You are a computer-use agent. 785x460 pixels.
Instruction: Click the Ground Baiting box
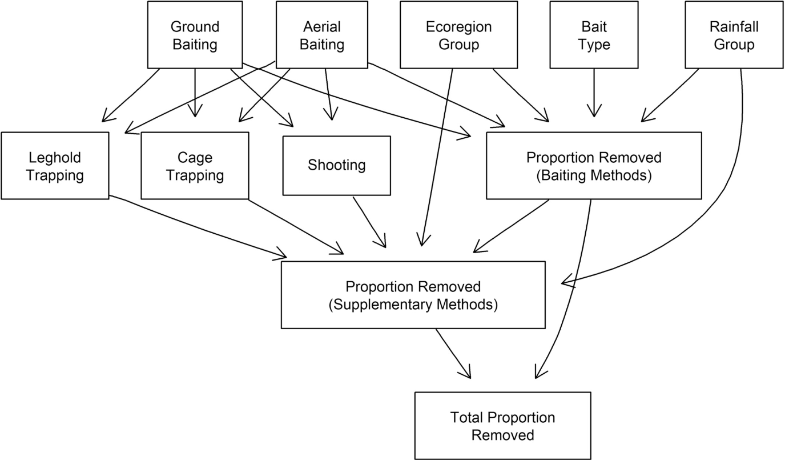click(195, 35)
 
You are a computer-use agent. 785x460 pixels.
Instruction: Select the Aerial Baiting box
click(321, 35)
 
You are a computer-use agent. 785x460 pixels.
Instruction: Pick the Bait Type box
click(594, 35)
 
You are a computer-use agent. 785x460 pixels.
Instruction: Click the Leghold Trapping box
click(55, 166)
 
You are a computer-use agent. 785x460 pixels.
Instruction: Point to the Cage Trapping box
click(195, 166)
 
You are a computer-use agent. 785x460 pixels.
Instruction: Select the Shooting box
click(336, 166)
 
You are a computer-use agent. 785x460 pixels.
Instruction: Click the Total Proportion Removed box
click(502, 426)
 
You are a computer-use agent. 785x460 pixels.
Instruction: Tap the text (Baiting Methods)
click(594, 175)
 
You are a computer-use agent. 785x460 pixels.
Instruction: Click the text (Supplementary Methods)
click(413, 305)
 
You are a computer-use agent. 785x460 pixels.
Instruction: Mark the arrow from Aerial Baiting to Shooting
click(328, 94)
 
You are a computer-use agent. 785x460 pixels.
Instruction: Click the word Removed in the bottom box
click(502, 435)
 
